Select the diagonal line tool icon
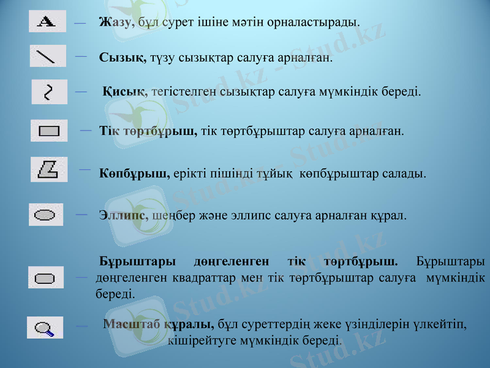pos(47,56)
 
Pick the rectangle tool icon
pos(48,131)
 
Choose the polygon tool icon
pos(48,169)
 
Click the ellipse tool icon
pos(45,215)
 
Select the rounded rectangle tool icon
pos(45,278)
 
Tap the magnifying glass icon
pos(45,328)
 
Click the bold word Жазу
pos(115,23)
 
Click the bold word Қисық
pos(124,92)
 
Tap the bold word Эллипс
pos(123,216)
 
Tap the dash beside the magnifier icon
pos(80,328)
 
